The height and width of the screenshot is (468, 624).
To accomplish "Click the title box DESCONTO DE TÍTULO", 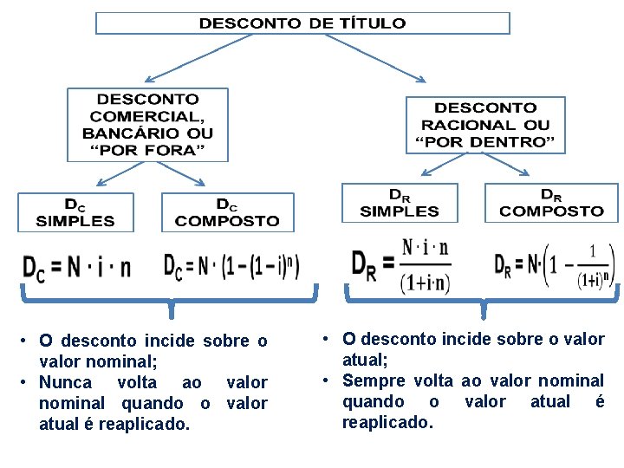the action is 302,23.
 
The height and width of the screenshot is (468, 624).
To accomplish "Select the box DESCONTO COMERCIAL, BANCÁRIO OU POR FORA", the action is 147,125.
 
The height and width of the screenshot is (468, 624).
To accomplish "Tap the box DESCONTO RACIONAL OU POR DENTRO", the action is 485,125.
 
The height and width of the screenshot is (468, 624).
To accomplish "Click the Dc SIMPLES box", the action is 76,212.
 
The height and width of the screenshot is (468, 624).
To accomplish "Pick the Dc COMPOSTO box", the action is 227,212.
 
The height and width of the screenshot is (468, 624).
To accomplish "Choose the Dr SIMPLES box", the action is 400,203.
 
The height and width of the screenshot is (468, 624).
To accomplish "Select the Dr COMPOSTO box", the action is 551,203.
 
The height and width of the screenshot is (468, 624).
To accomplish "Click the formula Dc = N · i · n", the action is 76,268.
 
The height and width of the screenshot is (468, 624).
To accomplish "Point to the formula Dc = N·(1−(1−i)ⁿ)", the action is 232,266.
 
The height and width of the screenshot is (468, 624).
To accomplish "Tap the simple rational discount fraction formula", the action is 401,264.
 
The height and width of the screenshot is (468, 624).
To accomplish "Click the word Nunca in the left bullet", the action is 64,382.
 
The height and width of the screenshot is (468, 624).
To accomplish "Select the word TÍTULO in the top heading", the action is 370,23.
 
